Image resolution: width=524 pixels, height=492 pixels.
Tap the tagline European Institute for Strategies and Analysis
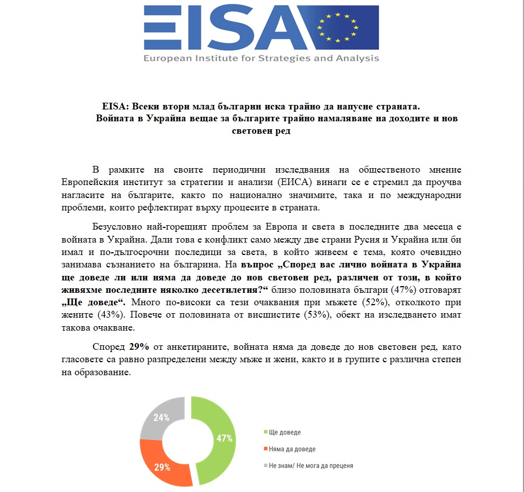point(261,58)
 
